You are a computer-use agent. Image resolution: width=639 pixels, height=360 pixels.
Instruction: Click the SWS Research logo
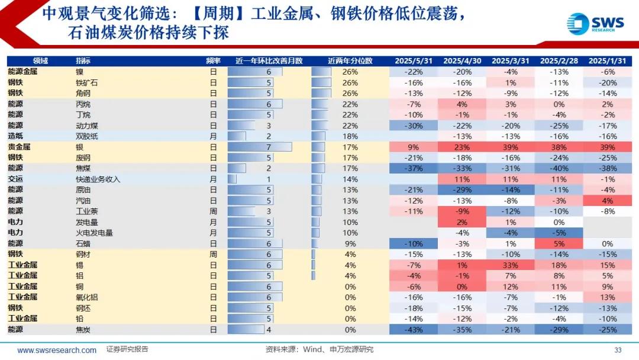pyautogui.click(x=595, y=23)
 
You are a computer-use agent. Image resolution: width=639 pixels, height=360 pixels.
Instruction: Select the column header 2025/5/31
pyautogui.click(x=413, y=60)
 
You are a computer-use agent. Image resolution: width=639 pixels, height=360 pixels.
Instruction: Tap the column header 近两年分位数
pyautogui.click(x=350, y=60)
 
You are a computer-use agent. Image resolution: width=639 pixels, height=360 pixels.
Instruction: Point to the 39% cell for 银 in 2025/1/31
pyautogui.click(x=607, y=147)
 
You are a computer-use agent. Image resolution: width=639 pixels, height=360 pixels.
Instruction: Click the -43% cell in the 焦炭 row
pyautogui.click(x=413, y=330)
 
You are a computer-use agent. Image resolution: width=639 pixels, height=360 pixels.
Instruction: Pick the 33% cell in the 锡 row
pyautogui.click(x=511, y=265)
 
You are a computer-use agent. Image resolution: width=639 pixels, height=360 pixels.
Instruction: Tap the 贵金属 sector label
pyautogui.click(x=20, y=147)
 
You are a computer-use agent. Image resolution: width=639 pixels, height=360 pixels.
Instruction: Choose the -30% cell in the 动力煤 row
pyautogui.click(x=413, y=126)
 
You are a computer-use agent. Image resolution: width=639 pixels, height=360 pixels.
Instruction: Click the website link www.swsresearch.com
pyautogui.click(x=57, y=350)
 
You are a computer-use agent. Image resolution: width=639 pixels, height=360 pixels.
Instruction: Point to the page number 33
pyautogui.click(x=618, y=350)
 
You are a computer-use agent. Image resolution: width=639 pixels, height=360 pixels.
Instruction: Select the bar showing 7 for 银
pyautogui.click(x=260, y=147)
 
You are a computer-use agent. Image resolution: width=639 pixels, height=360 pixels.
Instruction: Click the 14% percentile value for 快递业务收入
pyautogui.click(x=350, y=179)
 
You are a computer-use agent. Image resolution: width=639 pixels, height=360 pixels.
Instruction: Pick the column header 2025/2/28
pyautogui.click(x=559, y=60)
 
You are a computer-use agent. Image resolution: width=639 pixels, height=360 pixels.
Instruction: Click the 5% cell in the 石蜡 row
pyautogui.click(x=559, y=243)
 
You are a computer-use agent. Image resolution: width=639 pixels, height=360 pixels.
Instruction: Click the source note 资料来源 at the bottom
pyautogui.click(x=319, y=350)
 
